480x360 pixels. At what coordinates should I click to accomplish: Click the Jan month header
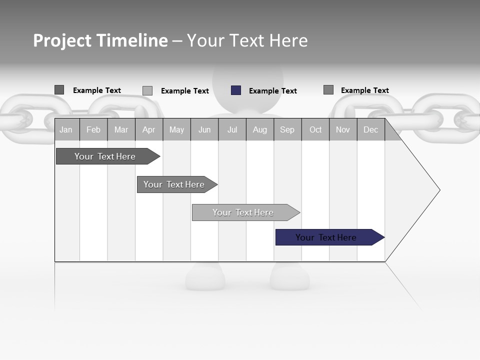(x=66, y=129)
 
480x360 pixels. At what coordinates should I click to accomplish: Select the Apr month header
(x=148, y=129)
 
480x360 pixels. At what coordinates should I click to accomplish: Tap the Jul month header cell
(x=232, y=129)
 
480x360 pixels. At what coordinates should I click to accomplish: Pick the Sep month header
(x=287, y=129)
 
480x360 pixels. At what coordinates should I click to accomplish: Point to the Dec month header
(x=370, y=129)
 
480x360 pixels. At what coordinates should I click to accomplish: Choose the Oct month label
(x=315, y=129)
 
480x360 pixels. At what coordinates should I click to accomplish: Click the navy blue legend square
(x=236, y=90)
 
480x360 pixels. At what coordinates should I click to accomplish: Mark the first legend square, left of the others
(x=59, y=90)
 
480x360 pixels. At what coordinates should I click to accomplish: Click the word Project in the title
(x=62, y=40)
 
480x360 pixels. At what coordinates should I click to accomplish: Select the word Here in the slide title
(x=288, y=40)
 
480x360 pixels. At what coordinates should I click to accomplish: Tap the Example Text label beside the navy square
(x=272, y=91)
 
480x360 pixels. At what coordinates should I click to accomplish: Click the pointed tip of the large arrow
(x=438, y=190)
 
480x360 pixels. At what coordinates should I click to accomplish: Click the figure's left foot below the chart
(x=205, y=277)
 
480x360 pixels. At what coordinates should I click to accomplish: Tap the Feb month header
(x=93, y=129)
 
